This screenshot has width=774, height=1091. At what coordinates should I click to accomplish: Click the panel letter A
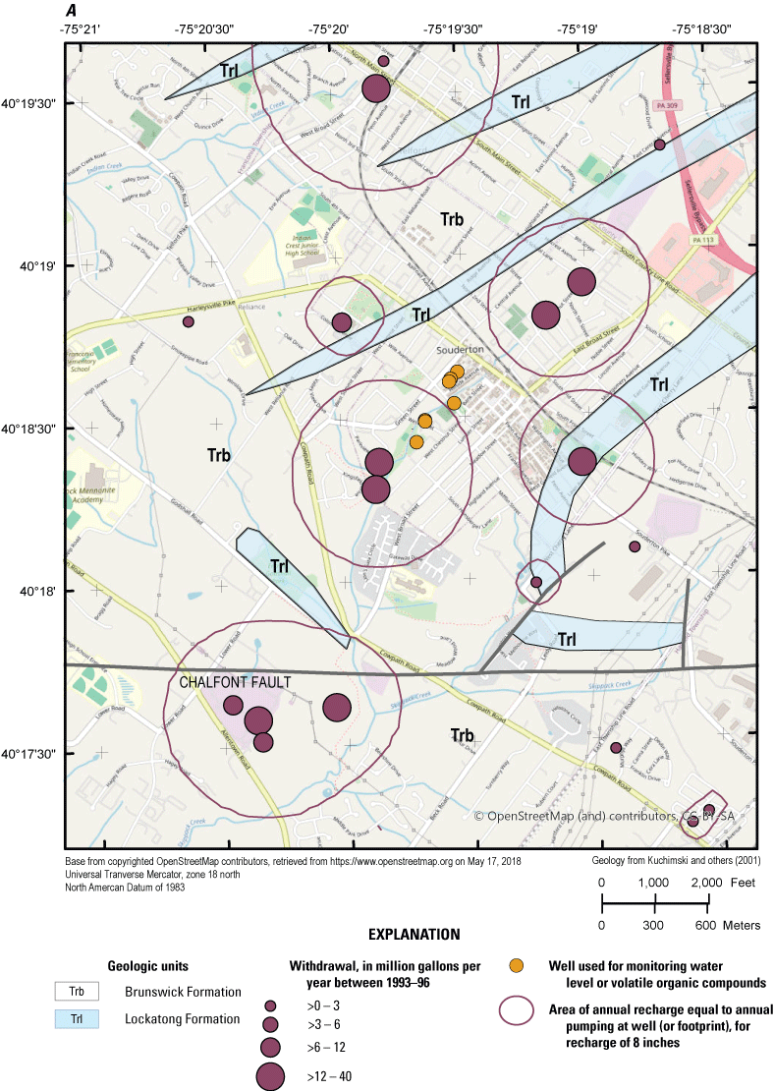pyautogui.click(x=72, y=10)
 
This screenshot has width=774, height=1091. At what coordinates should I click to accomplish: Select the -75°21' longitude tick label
pyautogui.click(x=83, y=29)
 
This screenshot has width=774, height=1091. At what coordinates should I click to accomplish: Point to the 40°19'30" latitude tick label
pyautogui.click(x=31, y=102)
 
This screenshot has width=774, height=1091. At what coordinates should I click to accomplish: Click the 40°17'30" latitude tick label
pyautogui.click(x=31, y=754)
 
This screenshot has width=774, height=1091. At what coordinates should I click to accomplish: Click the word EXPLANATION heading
pyautogui.click(x=414, y=933)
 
